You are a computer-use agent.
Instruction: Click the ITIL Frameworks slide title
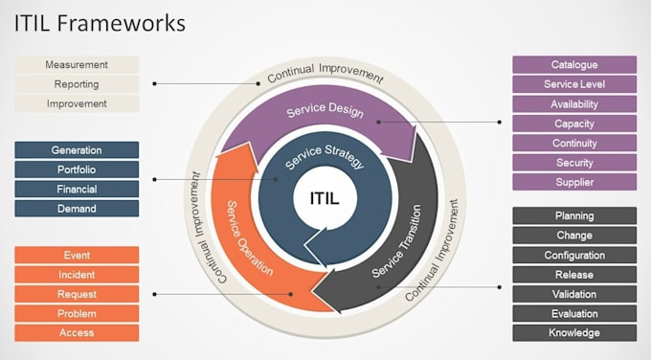[100, 23]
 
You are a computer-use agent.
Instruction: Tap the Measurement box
[77, 65]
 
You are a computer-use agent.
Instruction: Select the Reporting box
[77, 84]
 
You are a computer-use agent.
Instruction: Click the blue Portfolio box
[77, 169]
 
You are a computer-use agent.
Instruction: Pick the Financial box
[77, 189]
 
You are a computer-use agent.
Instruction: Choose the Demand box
[77, 208]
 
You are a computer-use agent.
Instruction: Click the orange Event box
[77, 256]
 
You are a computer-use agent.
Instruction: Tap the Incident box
[77, 275]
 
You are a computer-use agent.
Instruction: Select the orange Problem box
[77, 313]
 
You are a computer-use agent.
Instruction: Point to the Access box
[77, 332]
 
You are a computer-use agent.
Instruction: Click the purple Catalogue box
[574, 65]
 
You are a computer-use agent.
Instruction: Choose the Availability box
[574, 104]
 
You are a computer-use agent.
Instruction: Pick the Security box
[574, 163]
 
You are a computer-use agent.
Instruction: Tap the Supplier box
[574, 182]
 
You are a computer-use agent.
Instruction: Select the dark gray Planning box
[574, 216]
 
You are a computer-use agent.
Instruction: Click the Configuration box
[574, 256]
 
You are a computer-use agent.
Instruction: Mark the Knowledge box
[574, 332]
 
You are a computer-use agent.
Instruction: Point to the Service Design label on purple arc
[325, 111]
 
